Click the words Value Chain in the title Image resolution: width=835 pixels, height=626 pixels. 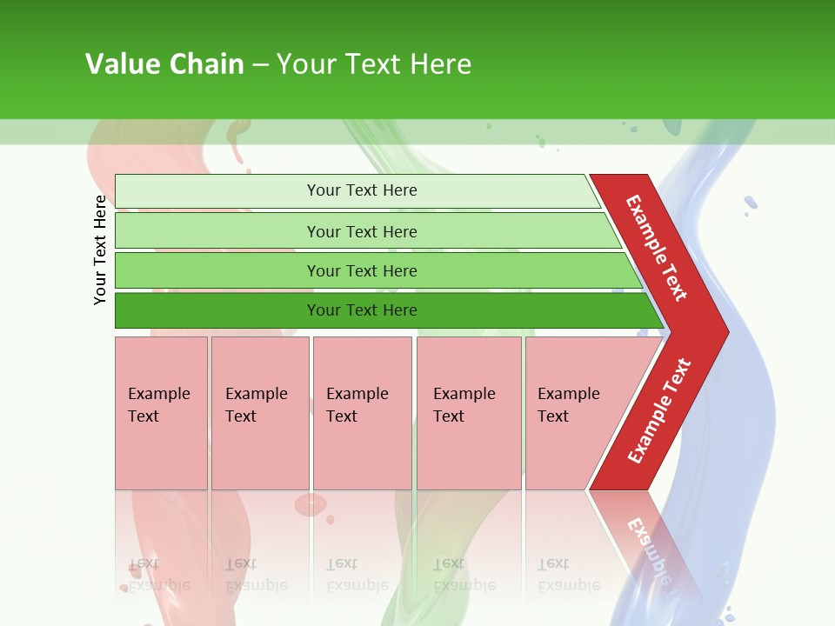(164, 64)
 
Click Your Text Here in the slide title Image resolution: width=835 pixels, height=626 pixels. (373, 64)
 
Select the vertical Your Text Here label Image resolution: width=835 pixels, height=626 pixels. (100, 250)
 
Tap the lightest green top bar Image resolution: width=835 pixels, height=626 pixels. (361, 190)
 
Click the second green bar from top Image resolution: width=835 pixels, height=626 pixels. (361, 231)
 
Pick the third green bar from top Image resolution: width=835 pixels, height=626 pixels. (361, 270)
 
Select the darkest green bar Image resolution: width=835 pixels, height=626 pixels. (361, 310)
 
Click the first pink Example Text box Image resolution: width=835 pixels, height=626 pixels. (161, 413)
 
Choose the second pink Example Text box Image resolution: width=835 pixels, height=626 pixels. (259, 413)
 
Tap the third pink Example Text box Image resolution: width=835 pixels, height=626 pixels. (361, 413)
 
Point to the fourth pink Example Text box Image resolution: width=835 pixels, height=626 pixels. (468, 413)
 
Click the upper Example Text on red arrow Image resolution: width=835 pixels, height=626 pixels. (657, 248)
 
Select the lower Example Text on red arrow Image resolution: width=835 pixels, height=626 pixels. (658, 411)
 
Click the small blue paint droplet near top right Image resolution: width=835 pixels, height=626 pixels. (750, 203)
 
